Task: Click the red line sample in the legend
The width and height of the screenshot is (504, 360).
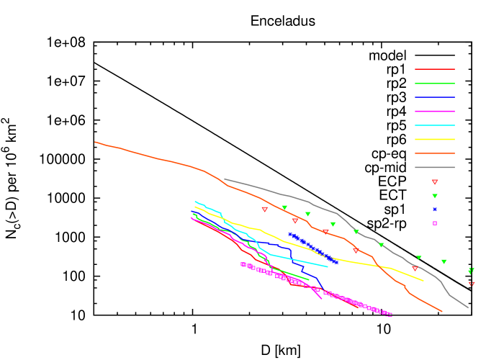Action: coord(434,69)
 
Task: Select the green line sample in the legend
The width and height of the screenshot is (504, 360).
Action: coord(434,84)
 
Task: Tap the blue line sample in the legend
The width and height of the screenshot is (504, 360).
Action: coord(434,97)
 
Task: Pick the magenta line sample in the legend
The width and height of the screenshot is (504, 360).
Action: coord(434,112)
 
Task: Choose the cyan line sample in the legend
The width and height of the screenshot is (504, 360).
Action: coord(434,125)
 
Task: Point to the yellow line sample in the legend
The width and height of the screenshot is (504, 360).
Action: coord(434,139)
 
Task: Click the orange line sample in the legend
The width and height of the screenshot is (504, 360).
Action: coord(434,153)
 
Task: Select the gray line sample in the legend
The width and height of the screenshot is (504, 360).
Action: coord(434,167)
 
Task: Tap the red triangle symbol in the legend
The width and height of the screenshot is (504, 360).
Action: coord(435,182)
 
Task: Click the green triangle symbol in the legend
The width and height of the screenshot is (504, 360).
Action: coord(435,196)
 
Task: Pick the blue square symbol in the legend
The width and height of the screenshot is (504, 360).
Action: coord(435,210)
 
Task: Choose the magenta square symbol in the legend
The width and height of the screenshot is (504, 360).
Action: coord(435,223)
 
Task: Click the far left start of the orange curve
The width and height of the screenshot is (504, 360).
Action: coord(95,142)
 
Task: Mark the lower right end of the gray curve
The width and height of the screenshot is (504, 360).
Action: coord(468,307)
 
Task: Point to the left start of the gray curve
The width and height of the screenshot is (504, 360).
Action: coord(225,179)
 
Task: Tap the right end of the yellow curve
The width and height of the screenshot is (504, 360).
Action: coord(423,281)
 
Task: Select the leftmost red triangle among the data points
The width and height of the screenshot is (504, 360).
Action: coord(264,210)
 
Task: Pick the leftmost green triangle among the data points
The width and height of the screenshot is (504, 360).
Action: coord(284,207)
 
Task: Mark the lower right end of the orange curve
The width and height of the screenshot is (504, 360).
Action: coord(442,312)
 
